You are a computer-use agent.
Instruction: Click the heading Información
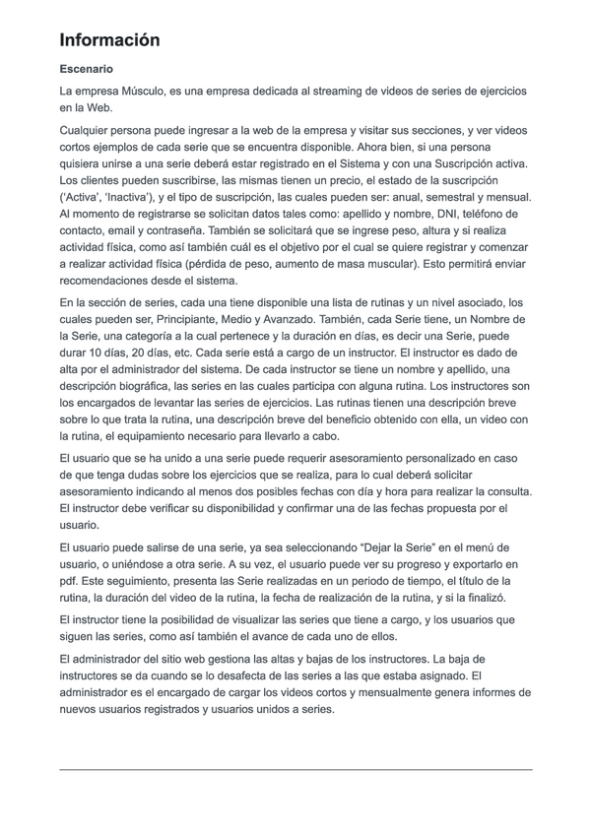(x=109, y=40)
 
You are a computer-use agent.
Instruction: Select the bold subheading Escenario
(x=86, y=70)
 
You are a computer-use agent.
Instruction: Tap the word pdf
(x=69, y=580)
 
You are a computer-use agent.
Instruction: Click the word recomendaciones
(x=110, y=281)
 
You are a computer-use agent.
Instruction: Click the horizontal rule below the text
(x=295, y=769)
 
